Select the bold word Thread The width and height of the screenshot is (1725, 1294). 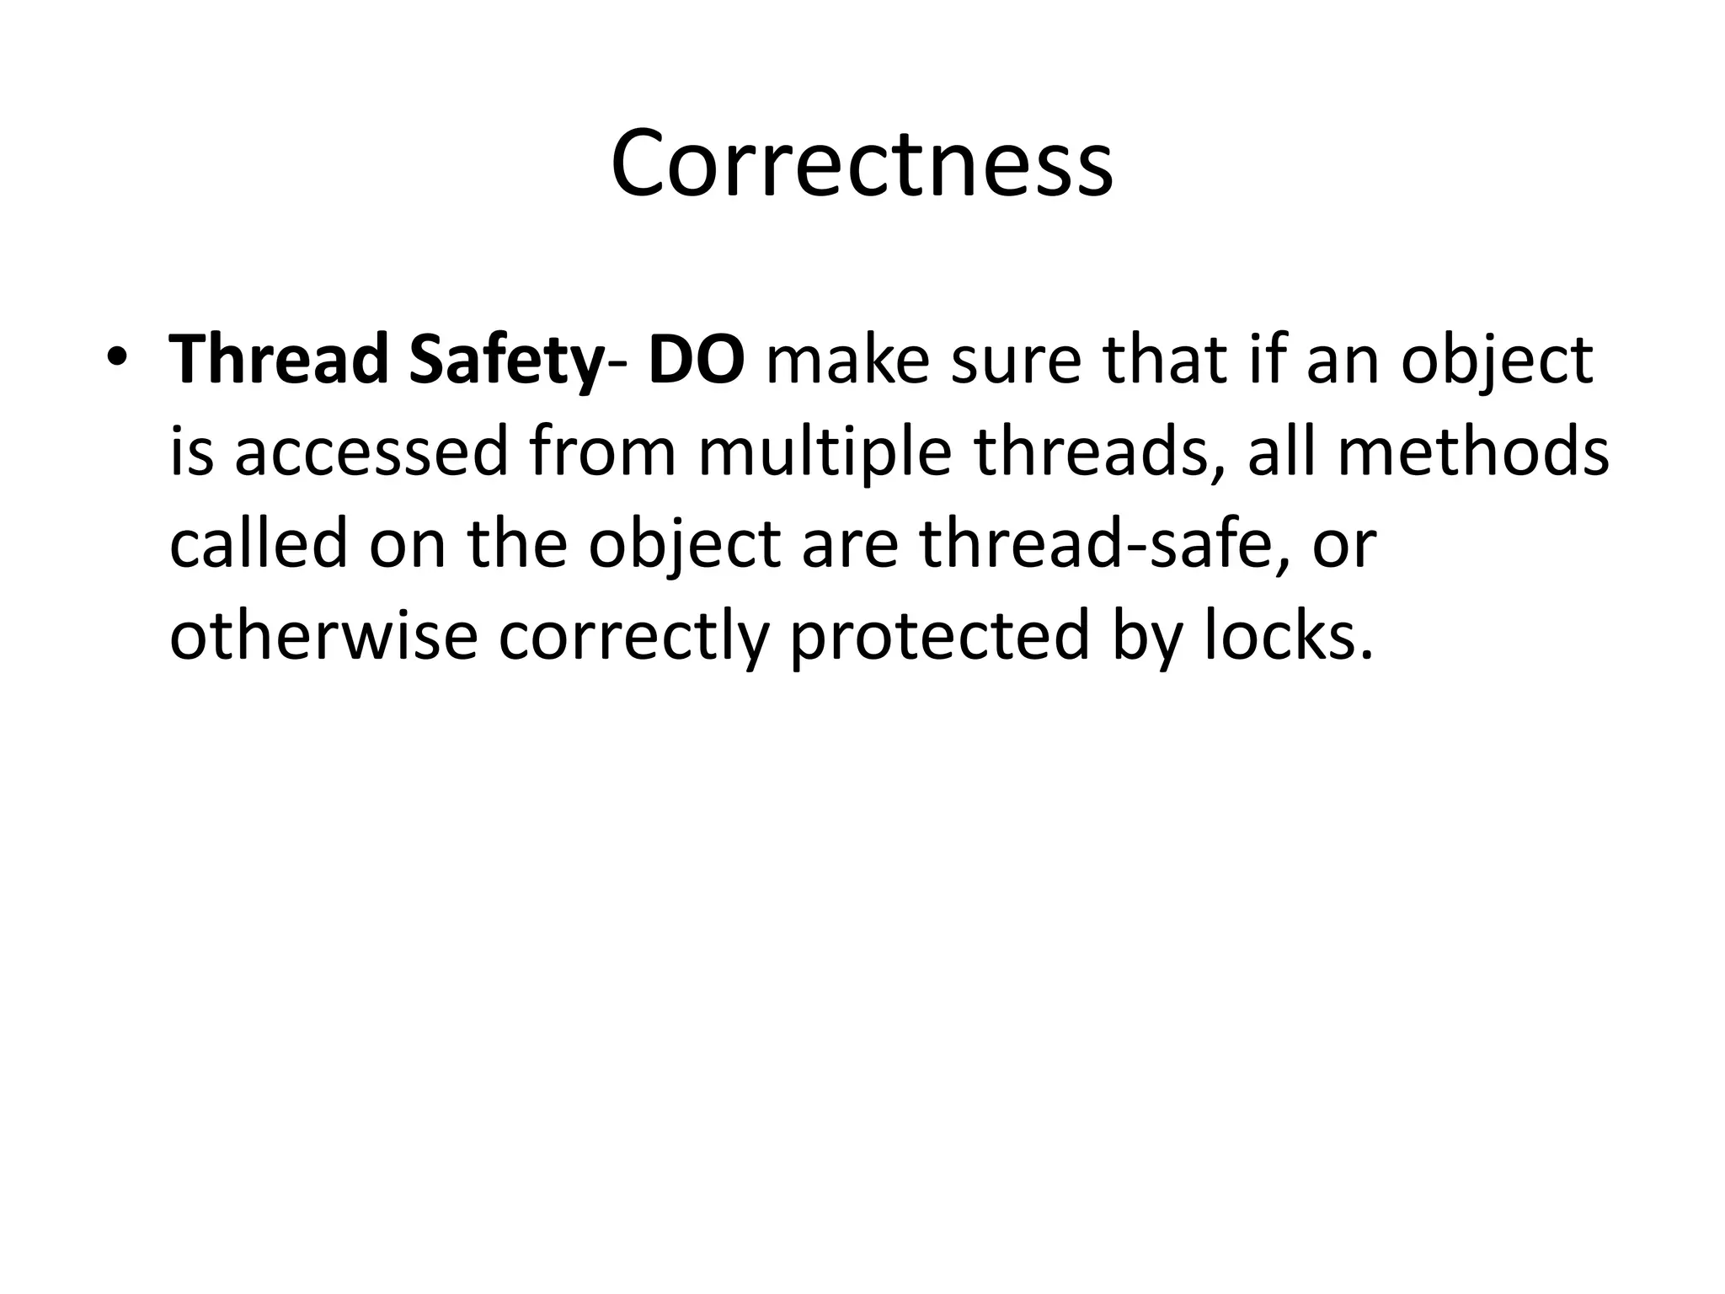277,359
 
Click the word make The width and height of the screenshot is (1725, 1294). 847,359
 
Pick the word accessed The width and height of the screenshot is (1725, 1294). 371,452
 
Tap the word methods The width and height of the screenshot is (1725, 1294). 1473,452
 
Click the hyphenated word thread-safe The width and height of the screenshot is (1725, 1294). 1095,543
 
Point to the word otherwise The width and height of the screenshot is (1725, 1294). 324,636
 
